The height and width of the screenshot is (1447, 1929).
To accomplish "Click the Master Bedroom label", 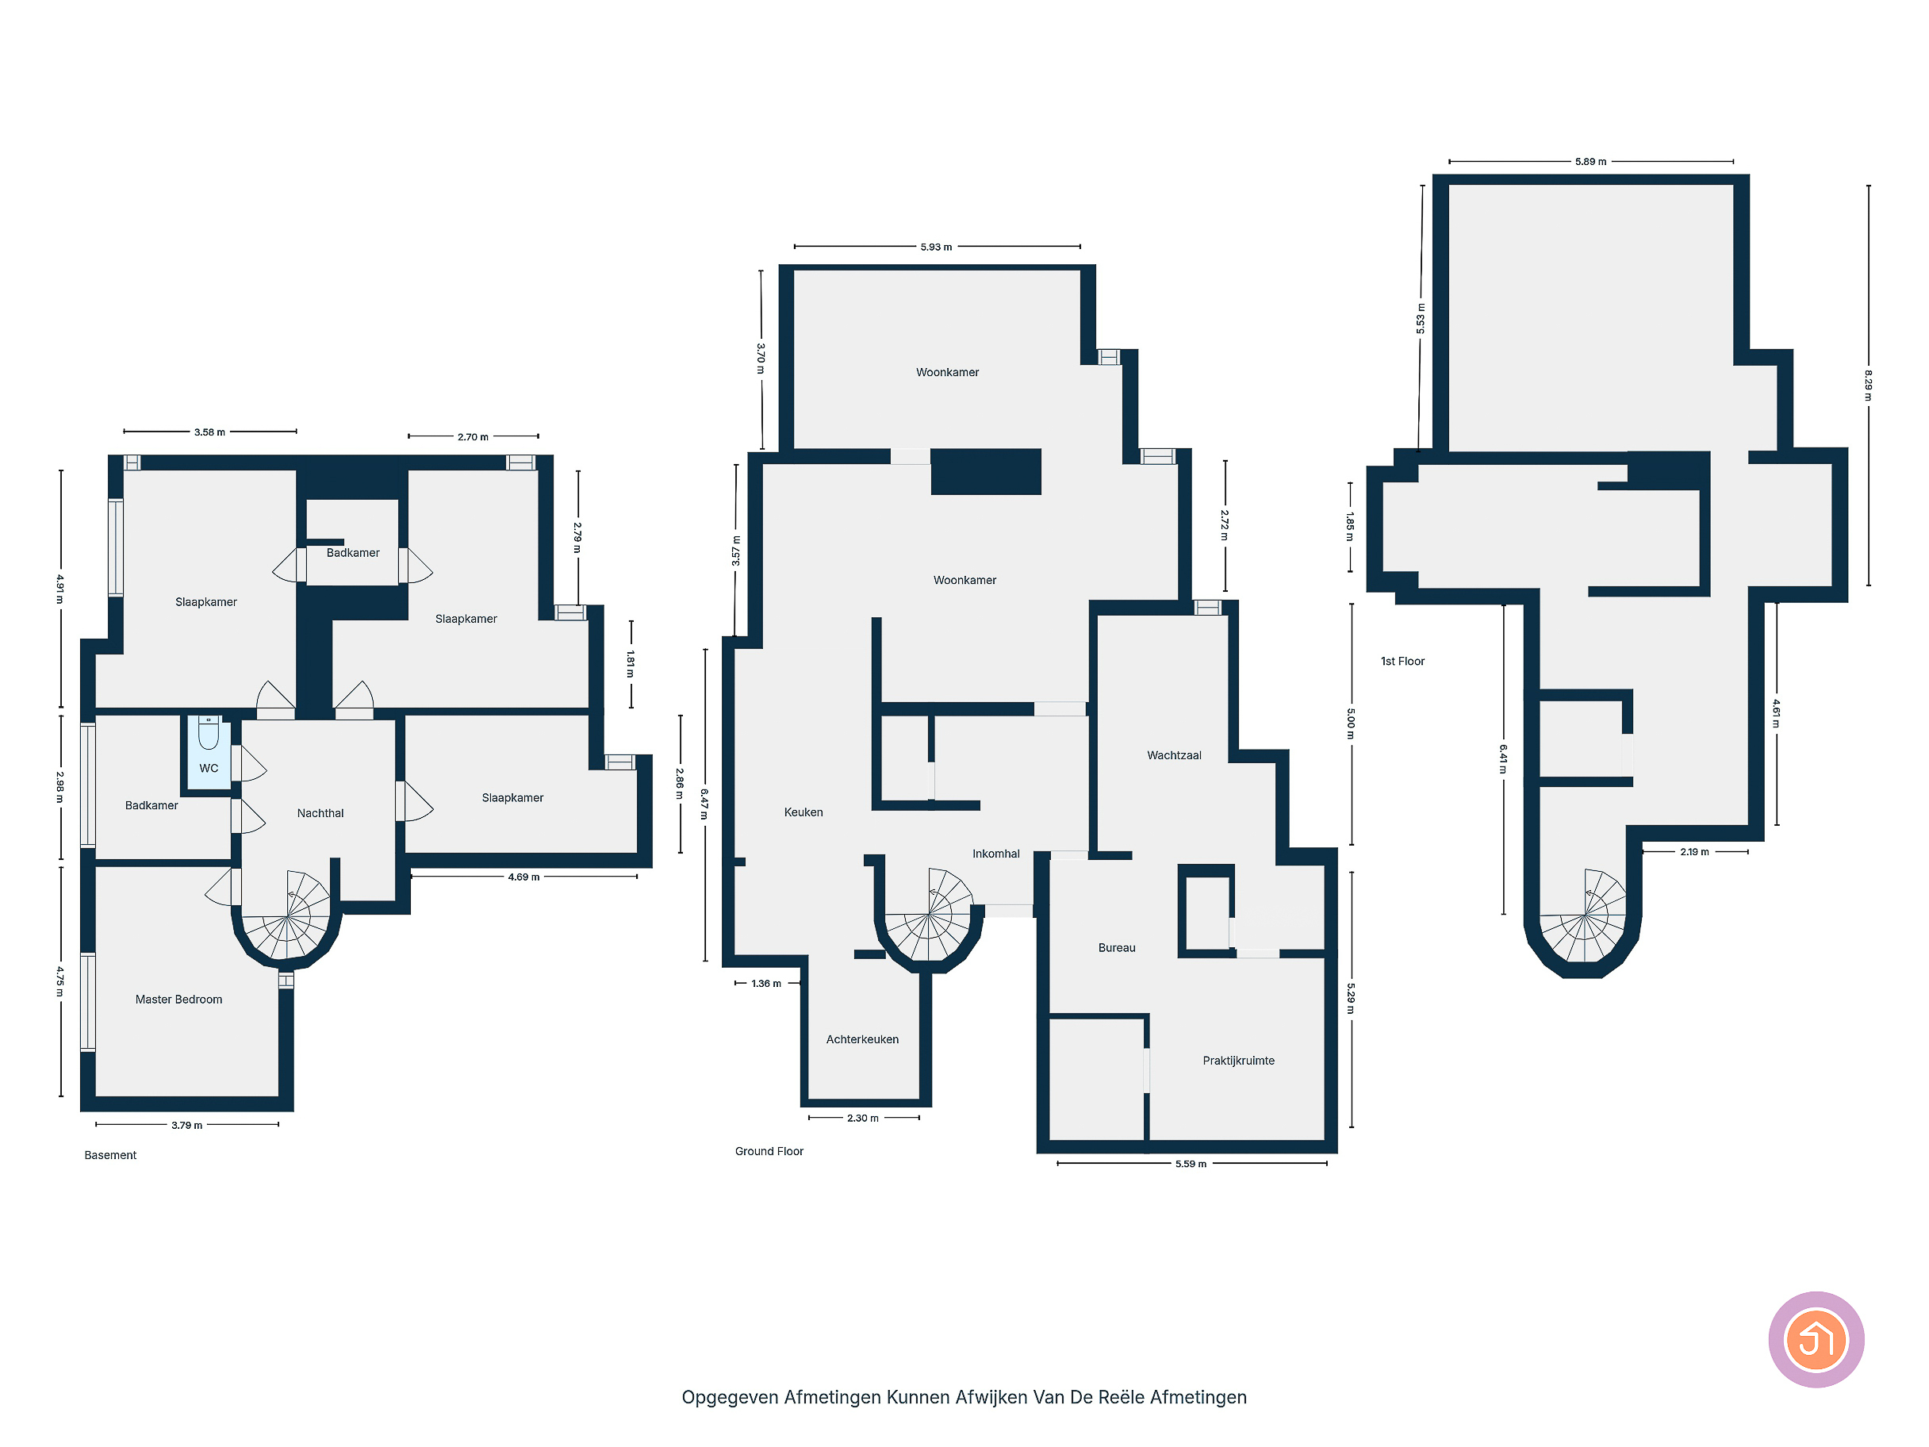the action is [x=178, y=1000].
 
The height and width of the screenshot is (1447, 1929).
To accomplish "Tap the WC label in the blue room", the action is [x=209, y=769].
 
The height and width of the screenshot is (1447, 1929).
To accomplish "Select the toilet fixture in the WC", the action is [x=209, y=734].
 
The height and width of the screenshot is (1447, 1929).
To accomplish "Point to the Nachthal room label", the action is [x=320, y=813].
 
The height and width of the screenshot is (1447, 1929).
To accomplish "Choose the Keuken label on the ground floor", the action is [x=803, y=812].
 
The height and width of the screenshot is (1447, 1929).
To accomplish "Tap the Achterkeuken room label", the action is [x=862, y=1040].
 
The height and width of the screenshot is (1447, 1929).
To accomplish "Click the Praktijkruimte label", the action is [x=1238, y=1061].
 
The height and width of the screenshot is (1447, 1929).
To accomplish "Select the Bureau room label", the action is [x=1117, y=948].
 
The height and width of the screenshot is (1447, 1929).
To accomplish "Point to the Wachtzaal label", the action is [x=1174, y=755].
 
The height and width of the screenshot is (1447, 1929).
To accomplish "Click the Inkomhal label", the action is [x=996, y=854].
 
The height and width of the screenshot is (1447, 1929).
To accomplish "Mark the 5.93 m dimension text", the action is [x=937, y=247].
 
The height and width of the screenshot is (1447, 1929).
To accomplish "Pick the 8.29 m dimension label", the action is [x=1868, y=386].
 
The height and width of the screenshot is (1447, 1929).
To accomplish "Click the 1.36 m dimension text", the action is [x=766, y=984].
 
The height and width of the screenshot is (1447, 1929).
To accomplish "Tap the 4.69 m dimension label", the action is [x=524, y=877].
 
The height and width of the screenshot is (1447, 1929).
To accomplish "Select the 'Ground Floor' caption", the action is [x=769, y=1151].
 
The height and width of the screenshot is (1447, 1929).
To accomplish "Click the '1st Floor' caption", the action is [x=1402, y=661].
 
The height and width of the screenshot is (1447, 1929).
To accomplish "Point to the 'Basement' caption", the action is [x=111, y=1155].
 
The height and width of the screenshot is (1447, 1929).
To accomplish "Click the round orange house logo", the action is [x=1816, y=1340].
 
